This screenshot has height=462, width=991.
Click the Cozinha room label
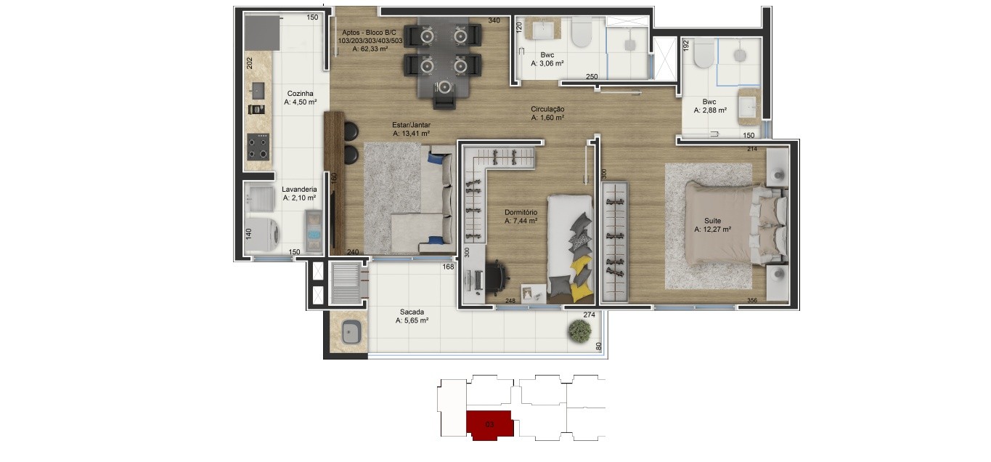300,94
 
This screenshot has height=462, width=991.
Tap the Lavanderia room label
299,190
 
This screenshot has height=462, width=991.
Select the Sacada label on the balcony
412,312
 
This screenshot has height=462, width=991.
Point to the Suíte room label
713,220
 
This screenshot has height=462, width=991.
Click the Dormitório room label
521,212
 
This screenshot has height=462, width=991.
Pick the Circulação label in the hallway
547,109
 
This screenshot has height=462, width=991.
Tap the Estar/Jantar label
411,125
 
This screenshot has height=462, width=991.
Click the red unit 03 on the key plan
490,425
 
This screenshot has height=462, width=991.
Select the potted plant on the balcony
579,331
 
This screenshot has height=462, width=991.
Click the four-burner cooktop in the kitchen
258,147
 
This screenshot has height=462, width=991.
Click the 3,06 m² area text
547,64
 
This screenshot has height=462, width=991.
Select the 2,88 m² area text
710,110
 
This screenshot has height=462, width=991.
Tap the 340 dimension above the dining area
494,20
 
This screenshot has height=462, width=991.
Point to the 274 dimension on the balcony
589,315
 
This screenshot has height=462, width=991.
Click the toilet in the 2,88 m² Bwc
704,54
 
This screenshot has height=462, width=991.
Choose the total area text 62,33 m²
370,49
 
